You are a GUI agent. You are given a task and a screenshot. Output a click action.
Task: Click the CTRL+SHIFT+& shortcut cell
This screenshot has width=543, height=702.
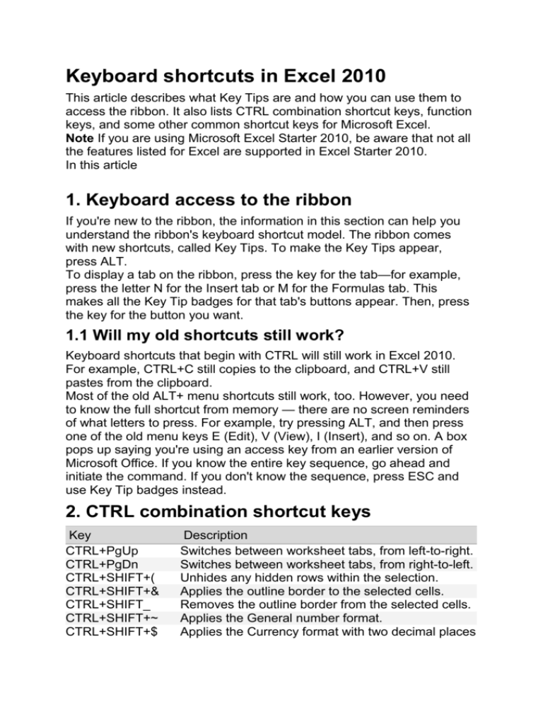point(110,593)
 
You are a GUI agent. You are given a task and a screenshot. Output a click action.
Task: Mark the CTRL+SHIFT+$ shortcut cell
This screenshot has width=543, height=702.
point(111,635)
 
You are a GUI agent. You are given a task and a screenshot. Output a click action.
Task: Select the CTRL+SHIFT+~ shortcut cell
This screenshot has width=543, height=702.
point(111,621)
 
